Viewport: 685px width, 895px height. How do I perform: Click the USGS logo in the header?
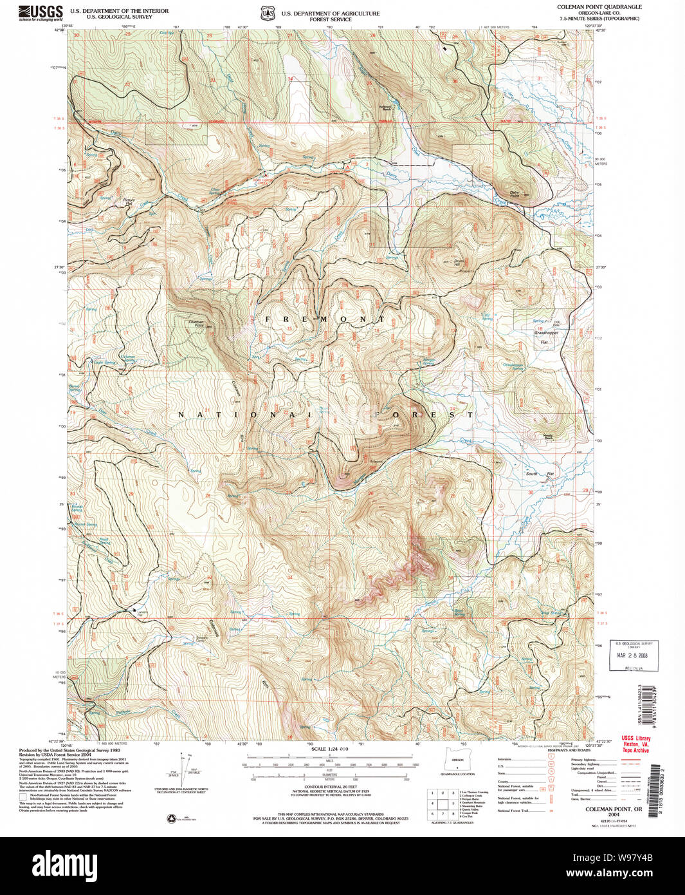click(x=41, y=12)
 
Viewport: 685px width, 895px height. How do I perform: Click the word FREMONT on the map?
click(x=325, y=319)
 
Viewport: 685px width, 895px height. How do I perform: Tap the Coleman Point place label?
click(x=196, y=323)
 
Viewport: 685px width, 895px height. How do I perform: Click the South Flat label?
click(x=540, y=474)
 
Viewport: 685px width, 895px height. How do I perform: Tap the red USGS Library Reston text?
click(x=635, y=744)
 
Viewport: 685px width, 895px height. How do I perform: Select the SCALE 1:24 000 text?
click(x=329, y=749)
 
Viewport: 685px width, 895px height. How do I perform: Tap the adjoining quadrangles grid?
click(x=443, y=804)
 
